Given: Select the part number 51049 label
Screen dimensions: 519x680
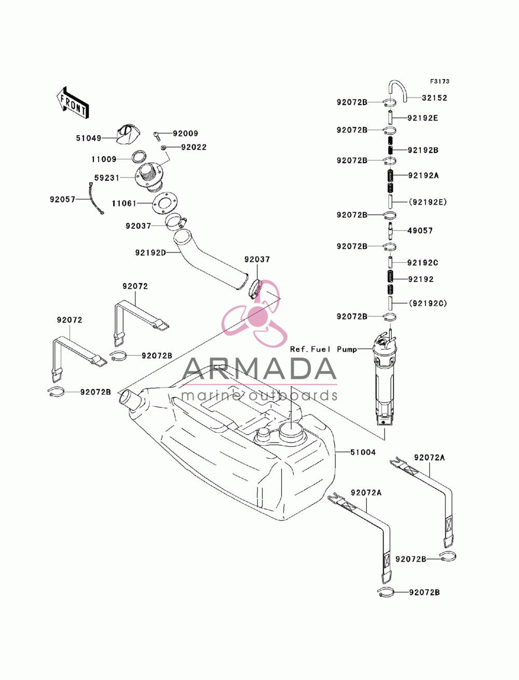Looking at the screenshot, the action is coord(89,138).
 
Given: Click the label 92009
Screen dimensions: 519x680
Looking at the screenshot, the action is coord(185,134).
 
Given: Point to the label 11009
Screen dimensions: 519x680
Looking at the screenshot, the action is coord(104,159).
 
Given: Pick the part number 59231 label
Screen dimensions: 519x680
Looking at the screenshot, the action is coord(107,178).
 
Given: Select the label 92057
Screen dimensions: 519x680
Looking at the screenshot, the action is coord(62,199).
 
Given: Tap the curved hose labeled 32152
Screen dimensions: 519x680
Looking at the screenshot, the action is coord(398,90).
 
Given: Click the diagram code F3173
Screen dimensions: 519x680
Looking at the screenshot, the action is coord(440,82).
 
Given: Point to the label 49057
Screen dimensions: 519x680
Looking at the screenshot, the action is coord(420,231).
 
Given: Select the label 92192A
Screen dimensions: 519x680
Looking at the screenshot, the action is coord(424,176).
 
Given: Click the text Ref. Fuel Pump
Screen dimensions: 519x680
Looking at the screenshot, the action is coord(323,350).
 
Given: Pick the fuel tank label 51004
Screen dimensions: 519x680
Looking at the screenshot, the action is coord(363,452).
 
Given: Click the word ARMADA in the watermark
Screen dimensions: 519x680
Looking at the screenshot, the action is coord(259,369).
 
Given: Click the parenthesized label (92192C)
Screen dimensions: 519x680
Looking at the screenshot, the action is coord(428,303).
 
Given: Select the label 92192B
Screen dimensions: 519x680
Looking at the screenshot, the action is coord(423,150).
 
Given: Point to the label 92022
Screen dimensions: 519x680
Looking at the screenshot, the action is coord(194,147).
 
